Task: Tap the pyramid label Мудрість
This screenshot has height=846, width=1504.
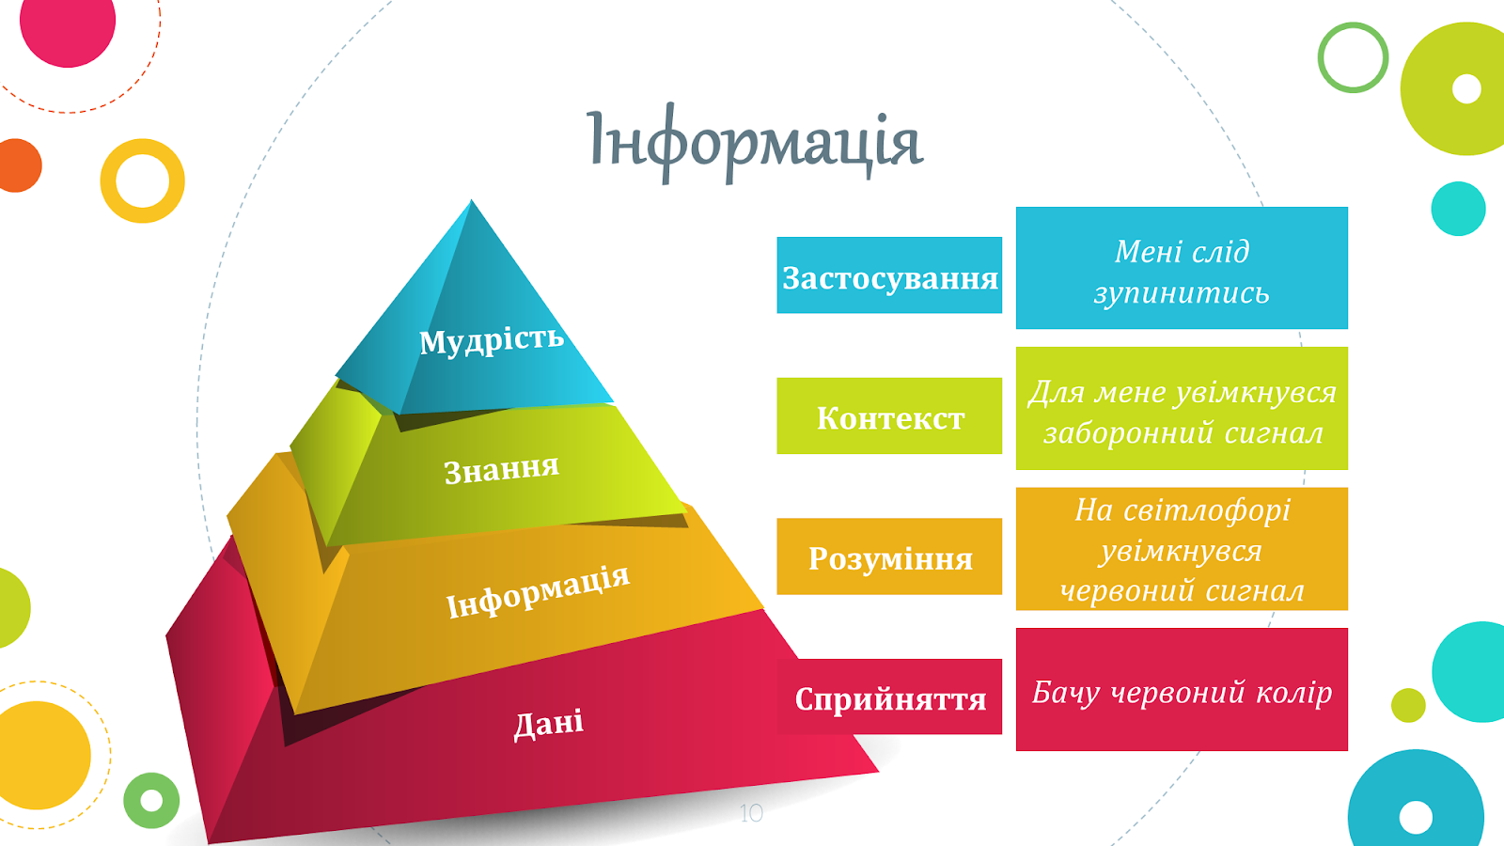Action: [491, 339]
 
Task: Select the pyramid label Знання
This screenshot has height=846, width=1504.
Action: [502, 469]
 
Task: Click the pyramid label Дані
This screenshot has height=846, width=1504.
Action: [549, 724]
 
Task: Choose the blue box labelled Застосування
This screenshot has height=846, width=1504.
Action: [889, 275]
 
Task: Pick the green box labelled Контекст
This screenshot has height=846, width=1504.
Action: [889, 415]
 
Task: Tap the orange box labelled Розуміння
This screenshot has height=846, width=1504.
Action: [889, 556]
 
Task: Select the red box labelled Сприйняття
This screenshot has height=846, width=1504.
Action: [889, 697]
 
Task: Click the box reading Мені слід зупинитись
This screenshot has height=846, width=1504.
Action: [1182, 268]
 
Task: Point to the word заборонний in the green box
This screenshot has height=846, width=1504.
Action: [1127, 433]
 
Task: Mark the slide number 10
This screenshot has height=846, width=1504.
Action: [751, 814]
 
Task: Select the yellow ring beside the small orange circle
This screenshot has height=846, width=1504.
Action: [142, 214]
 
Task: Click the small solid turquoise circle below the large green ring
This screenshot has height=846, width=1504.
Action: [1458, 208]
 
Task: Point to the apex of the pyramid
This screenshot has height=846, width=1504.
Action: [471, 199]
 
